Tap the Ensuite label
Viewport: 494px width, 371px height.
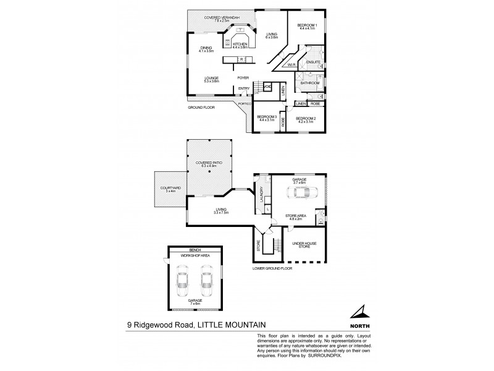tap(312, 62)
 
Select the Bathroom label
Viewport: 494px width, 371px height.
tap(310, 83)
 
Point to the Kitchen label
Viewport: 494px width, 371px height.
tap(240, 44)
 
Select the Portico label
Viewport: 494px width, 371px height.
tap(245, 104)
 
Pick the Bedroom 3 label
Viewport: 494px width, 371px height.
tap(266, 117)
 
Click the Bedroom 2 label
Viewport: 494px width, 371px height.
tap(305, 118)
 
